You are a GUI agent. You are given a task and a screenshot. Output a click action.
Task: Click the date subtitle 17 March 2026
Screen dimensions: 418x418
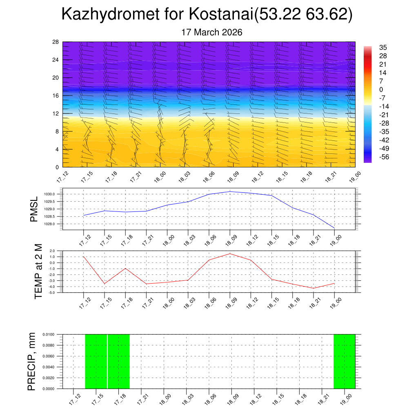point(212,32)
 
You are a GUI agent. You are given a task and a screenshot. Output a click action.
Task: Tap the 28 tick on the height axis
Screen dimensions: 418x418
point(56,42)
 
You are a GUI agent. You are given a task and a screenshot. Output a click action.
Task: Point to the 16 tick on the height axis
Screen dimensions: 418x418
point(56,96)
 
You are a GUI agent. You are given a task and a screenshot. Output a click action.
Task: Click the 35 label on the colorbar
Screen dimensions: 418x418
point(383,47)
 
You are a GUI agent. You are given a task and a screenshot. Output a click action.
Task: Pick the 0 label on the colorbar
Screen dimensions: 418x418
point(381,90)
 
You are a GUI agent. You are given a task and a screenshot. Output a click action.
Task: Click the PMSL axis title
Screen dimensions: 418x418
point(34,209)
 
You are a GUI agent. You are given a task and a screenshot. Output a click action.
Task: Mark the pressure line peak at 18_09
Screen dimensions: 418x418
point(230,191)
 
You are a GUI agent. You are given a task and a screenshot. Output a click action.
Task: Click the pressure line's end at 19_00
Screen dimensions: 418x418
point(334,228)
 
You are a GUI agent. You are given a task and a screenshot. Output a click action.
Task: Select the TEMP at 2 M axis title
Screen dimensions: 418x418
point(38,271)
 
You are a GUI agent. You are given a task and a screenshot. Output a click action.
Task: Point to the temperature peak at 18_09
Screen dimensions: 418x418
point(230,254)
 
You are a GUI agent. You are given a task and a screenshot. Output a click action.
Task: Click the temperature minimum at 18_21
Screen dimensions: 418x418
point(313,288)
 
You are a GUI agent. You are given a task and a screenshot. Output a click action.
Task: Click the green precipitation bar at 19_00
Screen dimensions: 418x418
point(344,361)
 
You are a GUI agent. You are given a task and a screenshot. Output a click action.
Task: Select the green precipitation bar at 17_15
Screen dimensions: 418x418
point(96,361)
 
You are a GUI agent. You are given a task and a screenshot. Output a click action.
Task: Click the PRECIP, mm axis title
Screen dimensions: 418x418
point(31,361)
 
